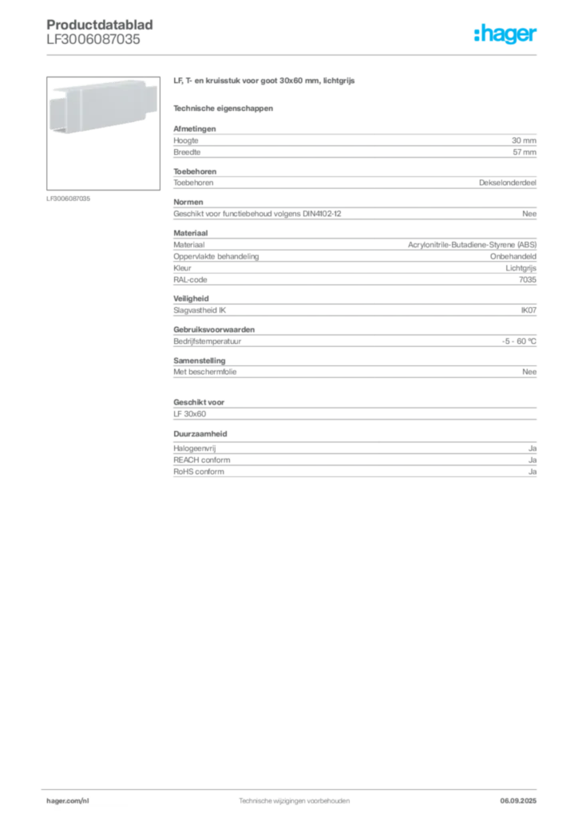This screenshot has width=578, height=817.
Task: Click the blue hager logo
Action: coord(507,36)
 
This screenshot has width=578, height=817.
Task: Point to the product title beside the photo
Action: coord(263,81)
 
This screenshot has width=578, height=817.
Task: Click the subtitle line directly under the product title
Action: coord(224,109)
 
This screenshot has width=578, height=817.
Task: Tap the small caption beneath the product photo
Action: coord(70,198)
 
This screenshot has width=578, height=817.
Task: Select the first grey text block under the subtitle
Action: coord(354,143)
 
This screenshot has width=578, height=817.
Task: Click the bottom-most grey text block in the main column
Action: coord(354,462)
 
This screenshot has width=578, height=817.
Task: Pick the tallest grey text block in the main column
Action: coord(354,256)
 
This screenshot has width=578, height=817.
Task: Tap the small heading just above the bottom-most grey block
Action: coord(202,434)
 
